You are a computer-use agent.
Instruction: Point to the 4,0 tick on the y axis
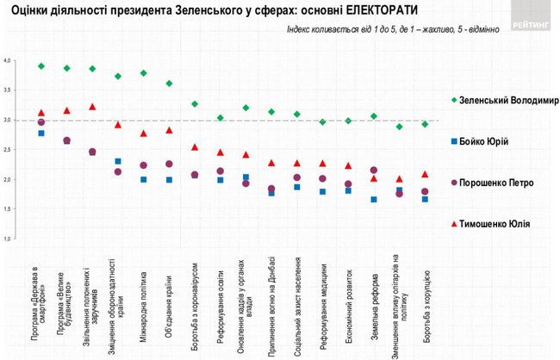point(8,61)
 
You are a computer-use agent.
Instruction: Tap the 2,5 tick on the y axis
point(8,150)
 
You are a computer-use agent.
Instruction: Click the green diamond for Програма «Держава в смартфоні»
point(41,66)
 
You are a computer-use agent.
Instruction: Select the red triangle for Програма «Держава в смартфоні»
point(41,113)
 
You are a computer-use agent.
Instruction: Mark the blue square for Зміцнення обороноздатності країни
point(118,161)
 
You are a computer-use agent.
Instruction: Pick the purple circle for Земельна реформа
point(374,171)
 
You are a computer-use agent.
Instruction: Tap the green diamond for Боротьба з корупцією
point(425,125)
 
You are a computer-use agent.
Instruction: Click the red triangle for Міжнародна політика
point(144,133)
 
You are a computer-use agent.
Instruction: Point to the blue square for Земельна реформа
point(374,200)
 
